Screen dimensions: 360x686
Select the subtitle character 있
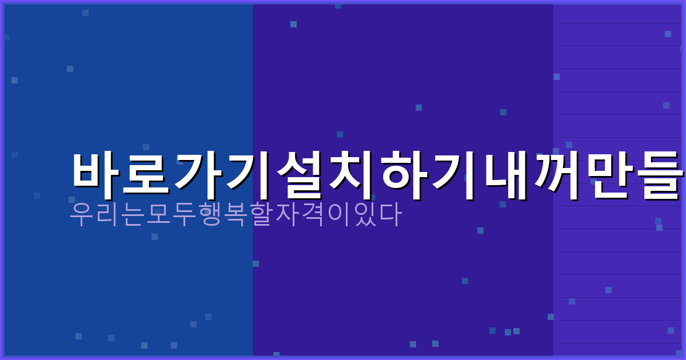tap(365, 214)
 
